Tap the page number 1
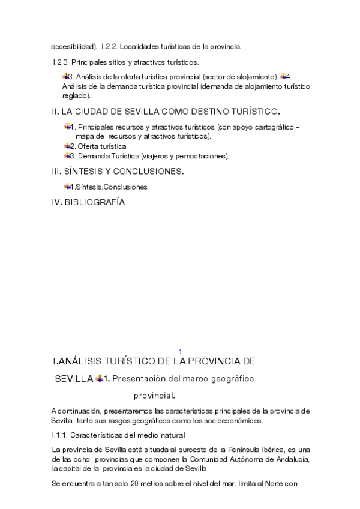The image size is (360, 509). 180,351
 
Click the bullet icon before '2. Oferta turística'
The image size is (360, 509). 67,146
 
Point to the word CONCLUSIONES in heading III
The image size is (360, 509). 151,172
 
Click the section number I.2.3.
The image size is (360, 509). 61,62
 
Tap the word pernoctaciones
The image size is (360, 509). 205,156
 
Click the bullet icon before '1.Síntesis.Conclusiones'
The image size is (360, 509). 67,187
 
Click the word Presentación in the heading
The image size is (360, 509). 143,379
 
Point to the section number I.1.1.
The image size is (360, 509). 62,435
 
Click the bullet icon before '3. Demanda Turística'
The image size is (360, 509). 67,155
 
